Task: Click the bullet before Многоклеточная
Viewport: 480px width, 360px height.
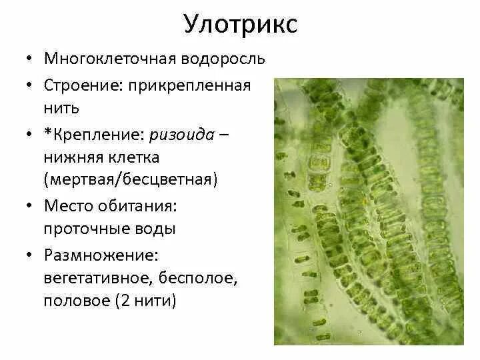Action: [31, 59]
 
